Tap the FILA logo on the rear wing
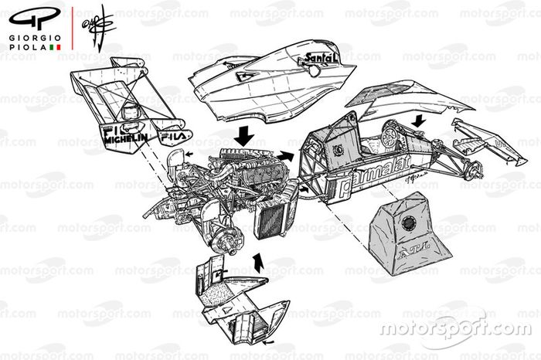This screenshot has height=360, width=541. [172, 138]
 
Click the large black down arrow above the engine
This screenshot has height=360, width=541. [246, 134]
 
